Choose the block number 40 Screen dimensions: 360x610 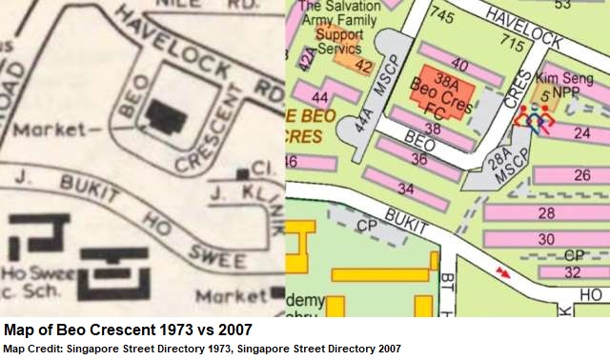coord(459,65)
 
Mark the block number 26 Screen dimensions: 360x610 coord(582,175)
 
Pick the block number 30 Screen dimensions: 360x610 coord(546,237)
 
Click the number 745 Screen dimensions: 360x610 coord(440,16)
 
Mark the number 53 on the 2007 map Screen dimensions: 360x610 coord(562,6)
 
